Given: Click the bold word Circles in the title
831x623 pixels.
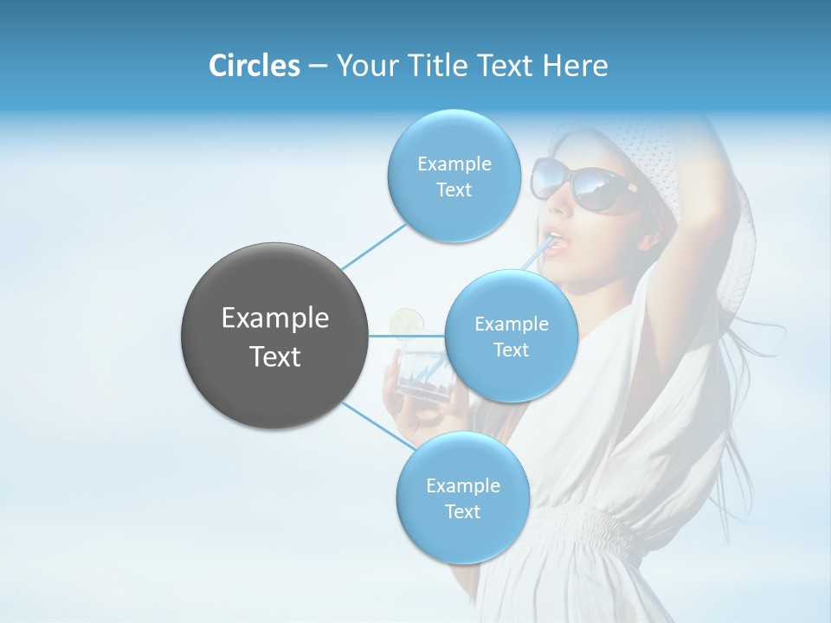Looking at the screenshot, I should (254, 66).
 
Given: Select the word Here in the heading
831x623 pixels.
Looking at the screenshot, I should (575, 66).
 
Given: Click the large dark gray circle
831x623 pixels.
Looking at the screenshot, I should (274, 336).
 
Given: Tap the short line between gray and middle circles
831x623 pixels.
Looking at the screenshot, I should (407, 336).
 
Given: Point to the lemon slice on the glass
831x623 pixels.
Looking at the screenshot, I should (404, 322).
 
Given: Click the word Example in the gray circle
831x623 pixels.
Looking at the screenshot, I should (274, 318).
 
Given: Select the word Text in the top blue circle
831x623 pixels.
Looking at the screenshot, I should (454, 190).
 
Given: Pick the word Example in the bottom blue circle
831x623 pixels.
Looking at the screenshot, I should (462, 485).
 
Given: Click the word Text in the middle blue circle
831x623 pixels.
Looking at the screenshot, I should (511, 350).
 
